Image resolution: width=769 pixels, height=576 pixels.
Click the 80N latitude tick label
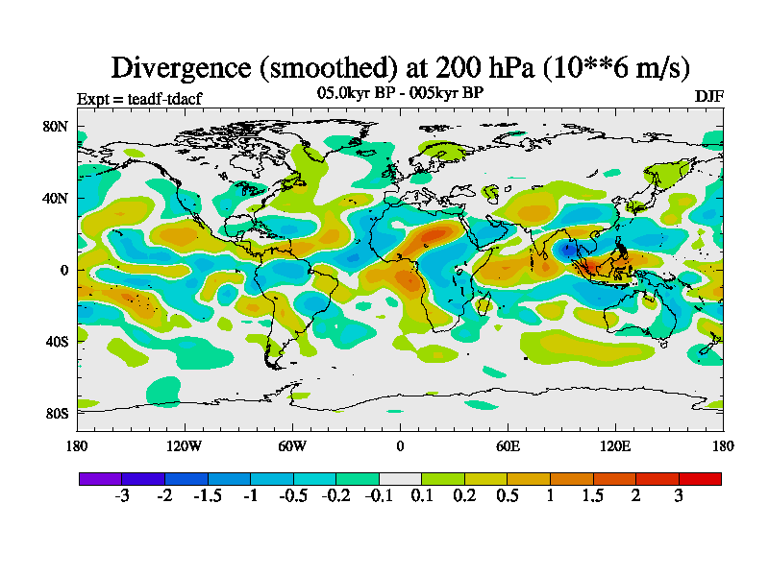(x=54, y=127)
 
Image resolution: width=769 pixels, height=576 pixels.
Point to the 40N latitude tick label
(x=54, y=199)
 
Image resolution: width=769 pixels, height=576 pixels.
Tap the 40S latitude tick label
(x=54, y=342)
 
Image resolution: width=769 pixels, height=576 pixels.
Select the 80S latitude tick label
(x=54, y=414)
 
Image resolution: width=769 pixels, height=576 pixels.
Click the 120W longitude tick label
(x=185, y=445)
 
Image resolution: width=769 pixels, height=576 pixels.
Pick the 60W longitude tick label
(x=292, y=445)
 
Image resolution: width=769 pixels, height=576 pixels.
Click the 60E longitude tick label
(x=508, y=445)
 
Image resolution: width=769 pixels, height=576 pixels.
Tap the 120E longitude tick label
(x=615, y=445)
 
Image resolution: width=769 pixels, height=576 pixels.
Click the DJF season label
(x=708, y=97)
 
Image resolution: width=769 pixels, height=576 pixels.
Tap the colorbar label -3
(x=122, y=495)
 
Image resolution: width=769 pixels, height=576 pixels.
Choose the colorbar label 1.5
(x=593, y=495)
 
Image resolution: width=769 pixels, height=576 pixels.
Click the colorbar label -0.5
(x=293, y=495)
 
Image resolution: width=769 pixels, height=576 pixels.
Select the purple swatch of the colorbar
(x=100, y=478)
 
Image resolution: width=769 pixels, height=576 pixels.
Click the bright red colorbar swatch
(x=700, y=478)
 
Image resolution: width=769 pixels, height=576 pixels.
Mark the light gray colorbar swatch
(x=400, y=478)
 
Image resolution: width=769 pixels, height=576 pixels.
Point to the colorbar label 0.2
(x=464, y=495)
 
